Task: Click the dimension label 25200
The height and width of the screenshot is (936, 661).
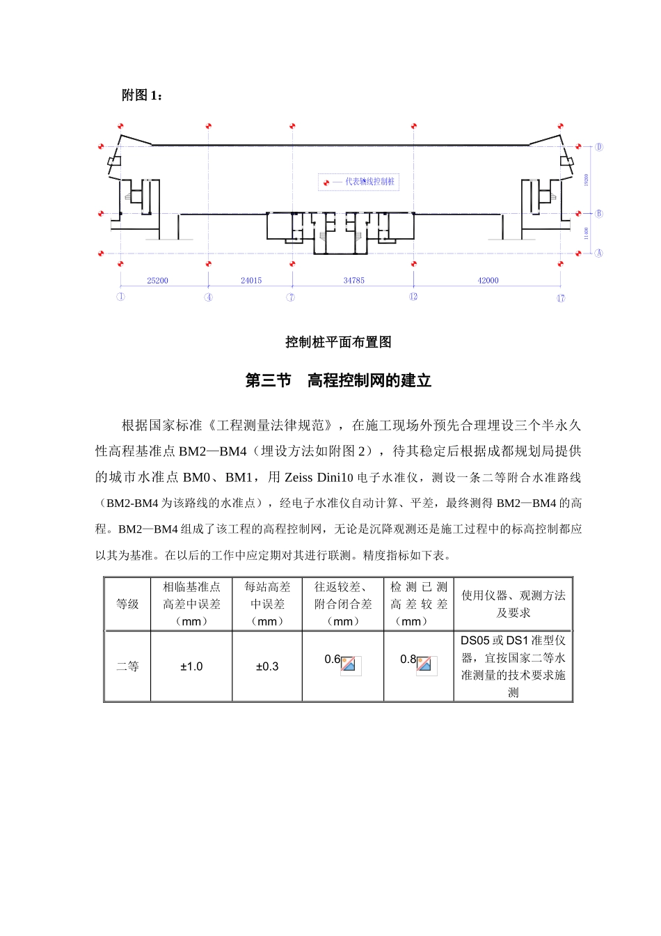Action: (157, 281)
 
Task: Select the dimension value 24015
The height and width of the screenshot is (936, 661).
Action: (251, 281)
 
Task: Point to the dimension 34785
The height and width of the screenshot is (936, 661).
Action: (353, 281)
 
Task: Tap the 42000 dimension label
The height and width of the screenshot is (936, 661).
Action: (488, 281)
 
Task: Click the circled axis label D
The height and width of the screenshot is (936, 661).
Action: (598, 147)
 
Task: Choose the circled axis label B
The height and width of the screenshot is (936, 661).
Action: (598, 214)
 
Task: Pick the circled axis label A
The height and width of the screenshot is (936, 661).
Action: (598, 253)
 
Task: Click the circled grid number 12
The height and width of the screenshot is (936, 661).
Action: (413, 297)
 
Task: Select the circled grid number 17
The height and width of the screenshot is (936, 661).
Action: (560, 298)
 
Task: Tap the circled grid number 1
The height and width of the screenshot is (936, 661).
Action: (120, 297)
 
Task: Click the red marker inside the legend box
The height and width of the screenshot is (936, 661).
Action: (326, 182)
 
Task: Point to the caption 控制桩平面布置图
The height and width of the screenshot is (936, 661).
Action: (338, 342)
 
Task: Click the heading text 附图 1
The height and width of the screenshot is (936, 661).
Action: (141, 95)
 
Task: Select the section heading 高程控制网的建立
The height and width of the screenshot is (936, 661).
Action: (369, 380)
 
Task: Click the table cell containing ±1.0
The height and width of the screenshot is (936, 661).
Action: (191, 666)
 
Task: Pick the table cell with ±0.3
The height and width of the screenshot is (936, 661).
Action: (267, 666)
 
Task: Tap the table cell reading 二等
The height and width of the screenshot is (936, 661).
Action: (127, 666)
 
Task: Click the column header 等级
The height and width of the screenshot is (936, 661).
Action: (127, 604)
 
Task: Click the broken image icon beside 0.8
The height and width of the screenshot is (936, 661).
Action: (424, 665)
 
